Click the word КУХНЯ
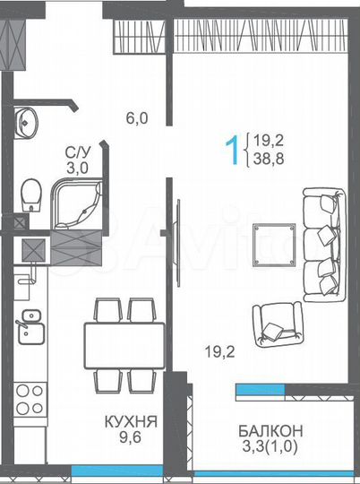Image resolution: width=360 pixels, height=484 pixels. [132, 419]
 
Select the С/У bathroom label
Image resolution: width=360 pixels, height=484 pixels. [76, 153]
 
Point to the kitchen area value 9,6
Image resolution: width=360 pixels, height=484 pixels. [132, 439]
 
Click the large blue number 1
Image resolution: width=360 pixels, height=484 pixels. [236, 151]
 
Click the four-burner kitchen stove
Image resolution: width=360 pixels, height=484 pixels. [30, 398]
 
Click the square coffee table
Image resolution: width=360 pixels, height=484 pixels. [273, 243]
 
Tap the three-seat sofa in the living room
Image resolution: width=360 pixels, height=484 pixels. [324, 242]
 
